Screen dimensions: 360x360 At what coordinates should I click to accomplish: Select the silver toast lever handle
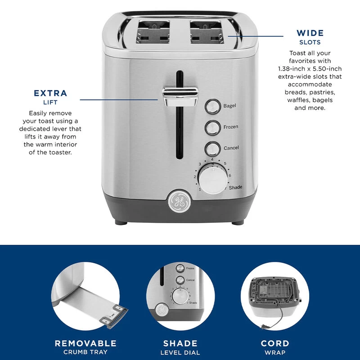[x=180, y=96]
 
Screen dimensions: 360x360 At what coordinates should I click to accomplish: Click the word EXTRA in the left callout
[x=50, y=94]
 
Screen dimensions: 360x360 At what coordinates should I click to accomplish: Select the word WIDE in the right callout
[x=310, y=33]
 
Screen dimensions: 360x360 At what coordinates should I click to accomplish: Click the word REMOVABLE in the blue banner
[x=85, y=343]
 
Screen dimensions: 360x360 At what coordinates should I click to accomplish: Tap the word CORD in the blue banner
[x=275, y=343]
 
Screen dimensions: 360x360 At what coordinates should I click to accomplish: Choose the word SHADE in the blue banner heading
[x=180, y=343]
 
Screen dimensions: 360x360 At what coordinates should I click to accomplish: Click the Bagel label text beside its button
[x=229, y=106]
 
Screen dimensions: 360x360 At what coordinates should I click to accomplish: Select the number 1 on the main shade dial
[x=200, y=189]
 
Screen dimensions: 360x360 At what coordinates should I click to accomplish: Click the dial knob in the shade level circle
[x=180, y=297]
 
